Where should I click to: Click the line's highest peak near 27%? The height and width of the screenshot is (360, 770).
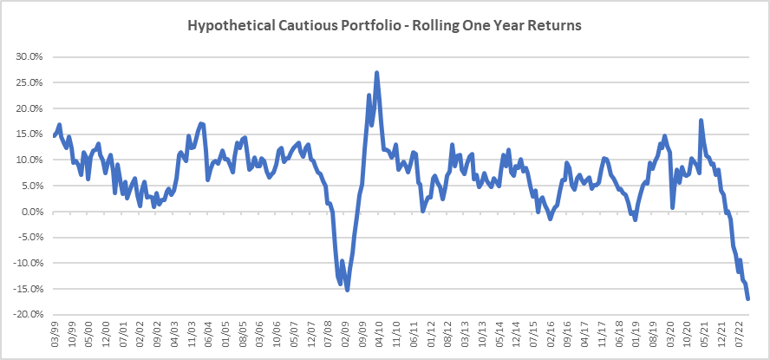pyautogui.click(x=376, y=73)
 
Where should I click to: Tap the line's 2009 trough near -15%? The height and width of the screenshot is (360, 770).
pyautogui.click(x=348, y=289)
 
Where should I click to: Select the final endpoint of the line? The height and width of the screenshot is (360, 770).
pyautogui.click(x=747, y=298)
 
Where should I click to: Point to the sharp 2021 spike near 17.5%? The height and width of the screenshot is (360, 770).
pyautogui.click(x=701, y=121)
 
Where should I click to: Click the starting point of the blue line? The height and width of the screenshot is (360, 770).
pyautogui.click(x=54, y=136)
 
